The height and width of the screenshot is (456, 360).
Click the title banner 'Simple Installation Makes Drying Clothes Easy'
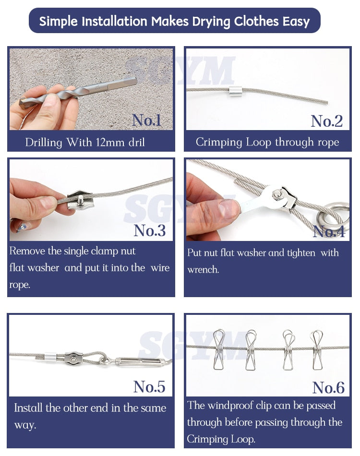(174, 21)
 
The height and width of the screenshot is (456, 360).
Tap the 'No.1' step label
(146, 120)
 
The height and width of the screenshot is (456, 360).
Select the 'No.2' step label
(326, 121)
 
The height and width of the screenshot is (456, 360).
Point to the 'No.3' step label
(149, 230)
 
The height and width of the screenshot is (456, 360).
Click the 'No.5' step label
(149, 386)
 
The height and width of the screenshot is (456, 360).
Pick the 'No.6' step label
(328, 387)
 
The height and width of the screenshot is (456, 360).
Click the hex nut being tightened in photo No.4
(277, 194)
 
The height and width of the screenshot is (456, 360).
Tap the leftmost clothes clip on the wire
(219, 349)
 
